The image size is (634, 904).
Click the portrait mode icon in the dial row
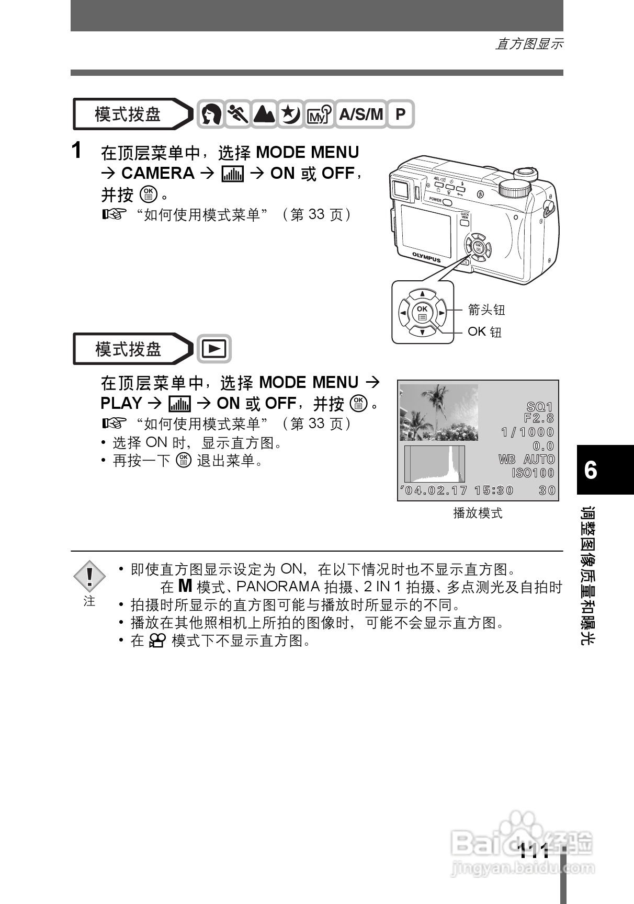[x=211, y=114]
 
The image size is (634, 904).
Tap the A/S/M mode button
[x=361, y=114]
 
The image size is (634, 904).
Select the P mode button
[x=400, y=114]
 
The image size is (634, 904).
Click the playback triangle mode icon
[x=214, y=349]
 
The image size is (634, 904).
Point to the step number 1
[x=77, y=151]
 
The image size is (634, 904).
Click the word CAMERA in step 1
[x=157, y=173]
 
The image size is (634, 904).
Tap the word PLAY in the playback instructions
[x=121, y=403]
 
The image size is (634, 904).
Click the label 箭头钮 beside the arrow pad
[x=486, y=310]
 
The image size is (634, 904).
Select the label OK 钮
[x=484, y=331]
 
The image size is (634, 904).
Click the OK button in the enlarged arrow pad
[x=422, y=313]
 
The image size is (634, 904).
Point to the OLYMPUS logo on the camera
[x=426, y=257]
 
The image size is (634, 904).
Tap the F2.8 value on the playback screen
[x=538, y=418]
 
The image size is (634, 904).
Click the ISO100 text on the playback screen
[x=533, y=473]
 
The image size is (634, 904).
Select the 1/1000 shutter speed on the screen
[x=527, y=432]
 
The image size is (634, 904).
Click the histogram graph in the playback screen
[x=434, y=464]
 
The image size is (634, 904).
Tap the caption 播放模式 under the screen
[x=477, y=513]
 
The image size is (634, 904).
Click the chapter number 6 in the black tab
[x=591, y=470]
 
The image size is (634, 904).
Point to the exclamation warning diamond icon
[x=89, y=576]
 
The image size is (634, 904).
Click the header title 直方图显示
[x=528, y=44]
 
